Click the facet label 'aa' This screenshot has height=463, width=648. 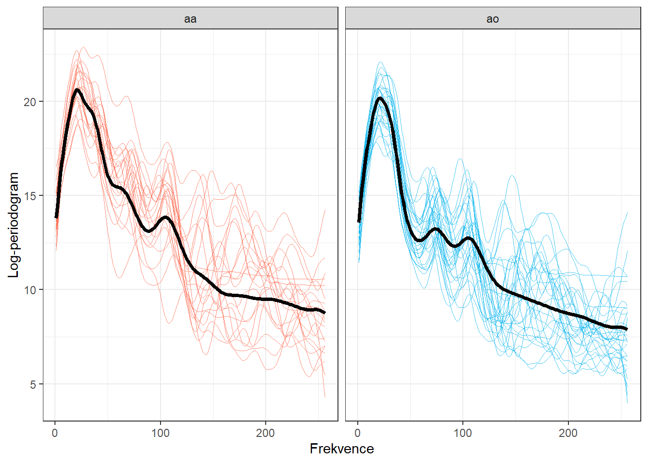pyautogui.click(x=190, y=19)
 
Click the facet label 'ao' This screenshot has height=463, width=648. pyautogui.click(x=492, y=19)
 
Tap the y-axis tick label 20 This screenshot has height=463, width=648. pyautogui.click(x=30, y=102)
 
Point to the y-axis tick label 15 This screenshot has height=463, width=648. pyautogui.click(x=30, y=196)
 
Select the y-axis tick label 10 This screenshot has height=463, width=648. pyautogui.click(x=30, y=290)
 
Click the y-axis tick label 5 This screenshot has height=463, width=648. pyautogui.click(x=33, y=384)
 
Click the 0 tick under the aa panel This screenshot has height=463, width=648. pyautogui.click(x=55, y=433)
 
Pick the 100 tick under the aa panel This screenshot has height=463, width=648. pyautogui.click(x=160, y=433)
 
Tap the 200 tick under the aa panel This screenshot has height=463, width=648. pyautogui.click(x=265, y=433)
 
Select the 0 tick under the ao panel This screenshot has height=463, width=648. pyautogui.click(x=357, y=433)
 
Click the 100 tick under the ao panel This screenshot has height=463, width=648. pyautogui.click(x=463, y=433)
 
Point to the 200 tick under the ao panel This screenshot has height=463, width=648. pyautogui.click(x=568, y=433)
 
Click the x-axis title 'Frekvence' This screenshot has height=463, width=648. pyautogui.click(x=341, y=449)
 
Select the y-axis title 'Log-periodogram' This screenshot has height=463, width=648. pyautogui.click(x=13, y=225)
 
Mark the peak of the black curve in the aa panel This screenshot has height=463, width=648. pyautogui.click(x=77, y=90)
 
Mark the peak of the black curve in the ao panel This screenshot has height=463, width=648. pyautogui.click(x=380, y=98)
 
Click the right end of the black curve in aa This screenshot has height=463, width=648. pyautogui.click(x=324, y=313)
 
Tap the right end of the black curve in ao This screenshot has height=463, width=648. pyautogui.click(x=627, y=329)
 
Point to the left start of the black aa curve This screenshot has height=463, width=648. pyautogui.click(x=56, y=218)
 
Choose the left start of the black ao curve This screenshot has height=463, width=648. pyautogui.click(x=359, y=221)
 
